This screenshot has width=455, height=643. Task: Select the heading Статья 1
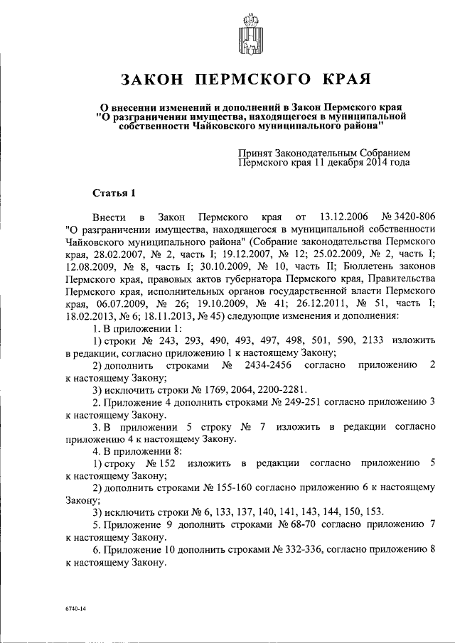[113, 193]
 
